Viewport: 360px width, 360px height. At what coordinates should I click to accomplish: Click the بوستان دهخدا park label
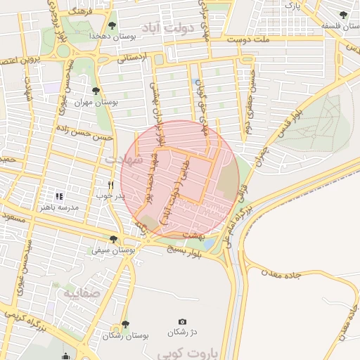click(106, 35)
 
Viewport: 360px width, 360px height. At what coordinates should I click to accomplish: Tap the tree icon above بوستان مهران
click(96, 91)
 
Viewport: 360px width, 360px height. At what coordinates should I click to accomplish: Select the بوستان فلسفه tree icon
click(343, 15)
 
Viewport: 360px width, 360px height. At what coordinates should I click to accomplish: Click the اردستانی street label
click(134, 59)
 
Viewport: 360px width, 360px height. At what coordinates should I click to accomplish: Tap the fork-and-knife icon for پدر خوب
click(110, 184)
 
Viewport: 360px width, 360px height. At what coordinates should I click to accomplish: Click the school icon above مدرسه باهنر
click(59, 195)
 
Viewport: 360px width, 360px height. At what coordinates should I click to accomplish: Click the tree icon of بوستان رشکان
click(125, 324)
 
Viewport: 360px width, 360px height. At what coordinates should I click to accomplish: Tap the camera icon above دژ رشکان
click(182, 321)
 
